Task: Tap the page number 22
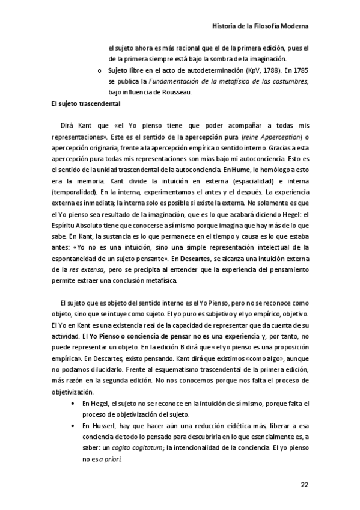pos(305,485)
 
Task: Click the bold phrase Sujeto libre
pos(127,70)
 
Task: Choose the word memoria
pos(94,182)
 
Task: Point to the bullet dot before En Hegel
pos(73,403)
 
